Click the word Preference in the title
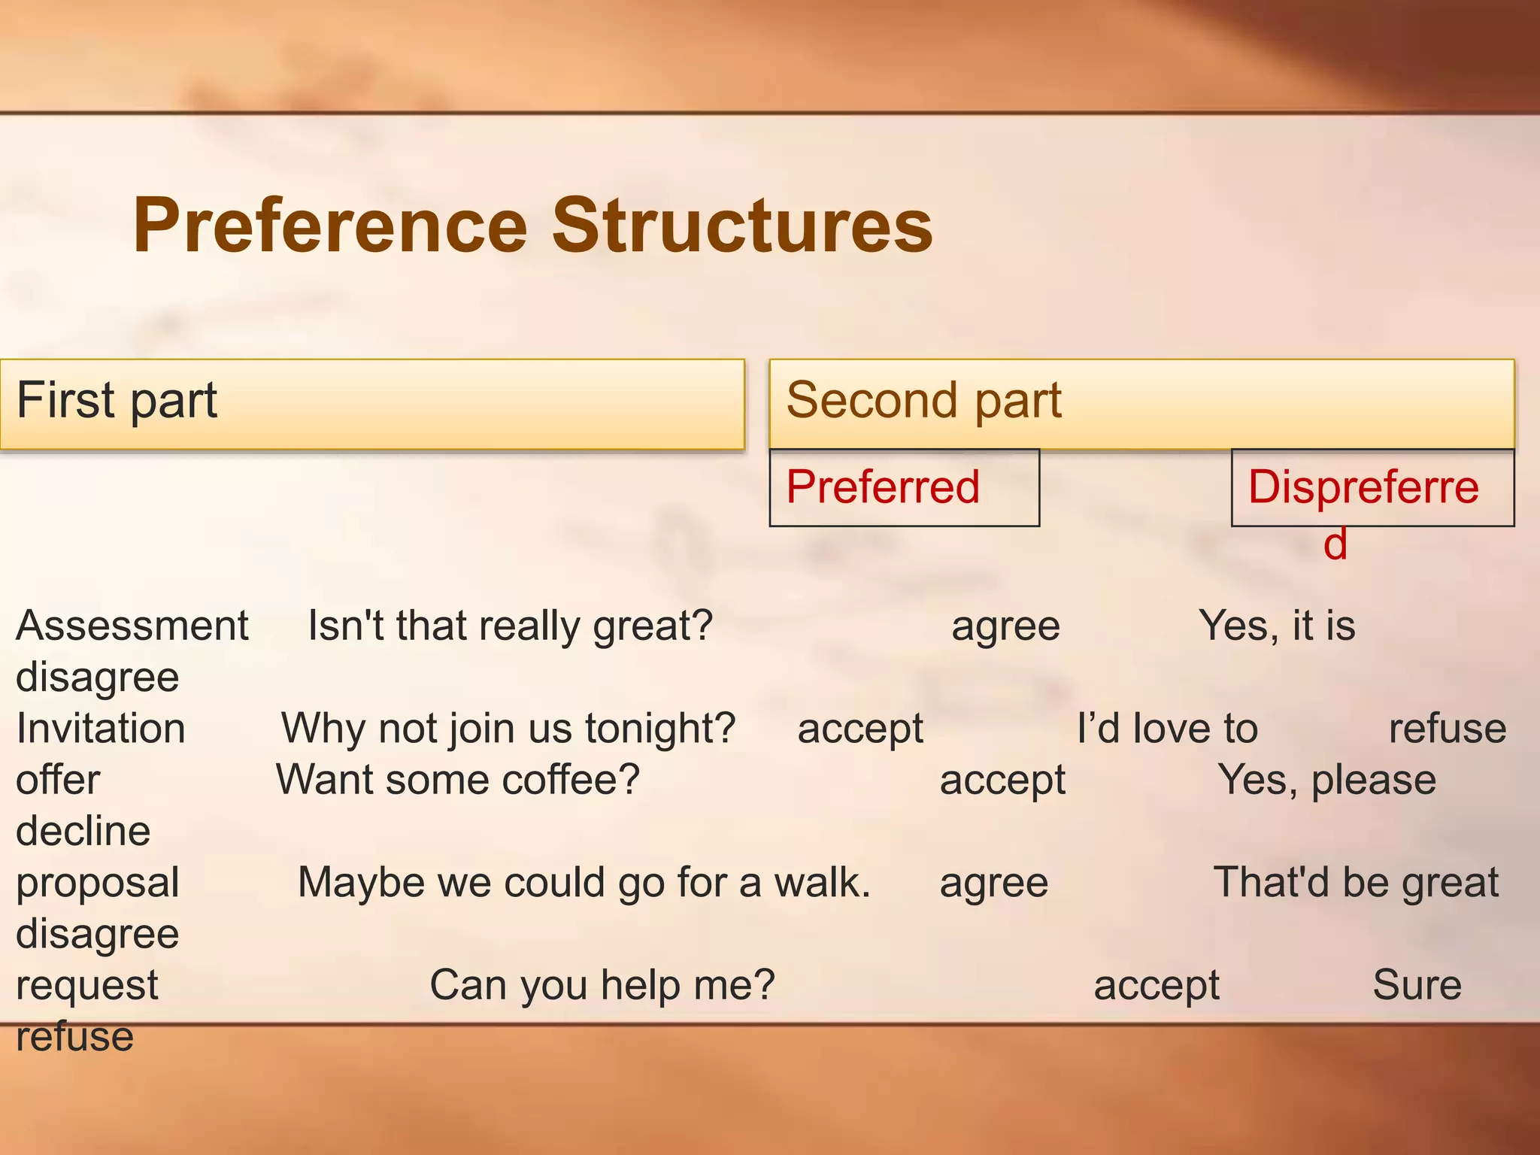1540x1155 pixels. pos(331,226)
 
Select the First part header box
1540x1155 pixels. pos(371,404)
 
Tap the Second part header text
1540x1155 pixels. pos(923,400)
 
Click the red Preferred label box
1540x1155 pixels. pos(903,487)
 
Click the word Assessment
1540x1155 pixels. pos(132,626)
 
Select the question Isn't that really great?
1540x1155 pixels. pos(510,626)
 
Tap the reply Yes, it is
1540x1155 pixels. pos(1276,626)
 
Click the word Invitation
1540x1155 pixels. pos(100,729)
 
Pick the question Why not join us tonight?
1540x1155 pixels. pos(508,729)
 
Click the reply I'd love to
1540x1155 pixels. pos(1166,729)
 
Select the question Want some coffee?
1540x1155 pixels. pos(457,780)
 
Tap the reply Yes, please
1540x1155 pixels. pos(1326,780)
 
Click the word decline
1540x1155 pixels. pos(83,831)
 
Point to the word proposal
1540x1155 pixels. pos(97,883)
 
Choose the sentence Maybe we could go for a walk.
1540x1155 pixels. pos(584,883)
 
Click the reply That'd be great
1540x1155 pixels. pos(1355,883)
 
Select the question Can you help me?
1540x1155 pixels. pos(602,985)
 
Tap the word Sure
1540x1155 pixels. pos(1417,985)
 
